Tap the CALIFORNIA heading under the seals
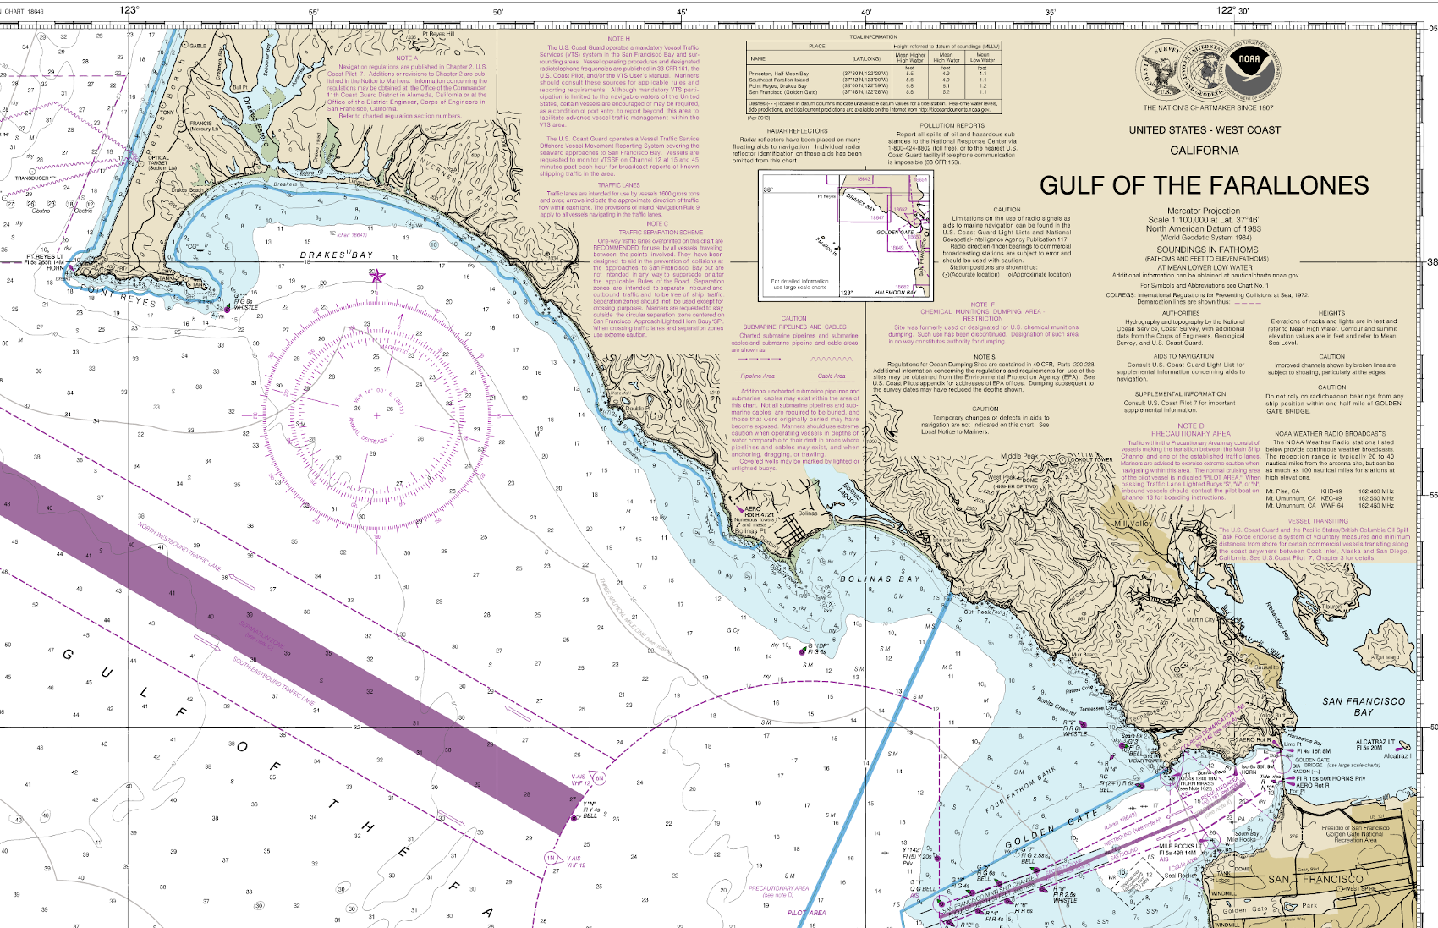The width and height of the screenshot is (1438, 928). click(x=1204, y=150)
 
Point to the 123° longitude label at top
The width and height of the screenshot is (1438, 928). click(x=129, y=10)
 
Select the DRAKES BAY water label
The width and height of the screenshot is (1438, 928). click(x=337, y=255)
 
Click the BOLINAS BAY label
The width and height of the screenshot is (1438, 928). click(x=880, y=579)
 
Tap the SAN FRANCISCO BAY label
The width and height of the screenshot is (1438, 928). click(x=1364, y=706)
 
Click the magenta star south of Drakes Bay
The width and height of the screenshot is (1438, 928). click(x=377, y=277)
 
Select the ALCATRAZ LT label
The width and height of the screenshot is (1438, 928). click(x=1375, y=742)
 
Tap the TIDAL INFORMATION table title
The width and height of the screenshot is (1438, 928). click(x=873, y=37)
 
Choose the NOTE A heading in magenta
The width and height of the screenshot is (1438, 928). click(x=406, y=58)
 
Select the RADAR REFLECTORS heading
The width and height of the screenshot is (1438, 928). click(x=797, y=131)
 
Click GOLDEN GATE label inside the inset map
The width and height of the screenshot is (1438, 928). click(x=894, y=232)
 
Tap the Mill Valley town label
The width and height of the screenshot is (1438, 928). click(x=1133, y=524)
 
